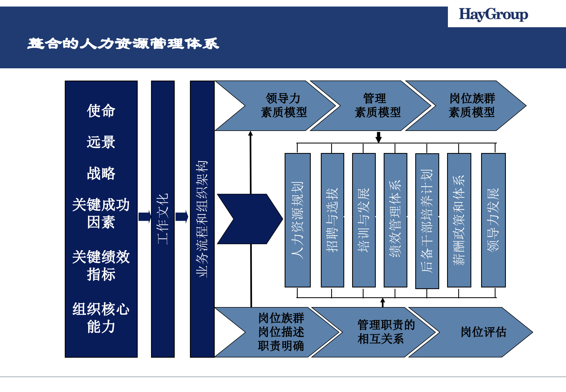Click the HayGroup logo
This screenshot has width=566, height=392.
[x=493, y=15]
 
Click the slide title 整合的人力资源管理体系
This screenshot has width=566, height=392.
[x=123, y=44]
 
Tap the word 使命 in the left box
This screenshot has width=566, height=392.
[x=101, y=111]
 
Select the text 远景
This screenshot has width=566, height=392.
[x=101, y=142]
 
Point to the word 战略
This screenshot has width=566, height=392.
[x=101, y=173]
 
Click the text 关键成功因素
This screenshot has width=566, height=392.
[x=101, y=213]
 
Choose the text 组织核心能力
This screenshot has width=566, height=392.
[x=101, y=318]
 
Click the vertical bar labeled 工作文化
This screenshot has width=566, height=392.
[x=163, y=219]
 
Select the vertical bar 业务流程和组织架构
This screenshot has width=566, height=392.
[x=202, y=219]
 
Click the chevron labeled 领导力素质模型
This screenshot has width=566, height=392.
[x=283, y=106]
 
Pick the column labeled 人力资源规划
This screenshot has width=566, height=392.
[x=297, y=220]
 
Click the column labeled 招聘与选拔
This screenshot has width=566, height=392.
[x=332, y=220]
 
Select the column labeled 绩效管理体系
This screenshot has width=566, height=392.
[x=395, y=220]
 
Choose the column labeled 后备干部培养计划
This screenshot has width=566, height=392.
[x=427, y=221]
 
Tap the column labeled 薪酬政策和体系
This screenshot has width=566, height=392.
[x=459, y=220]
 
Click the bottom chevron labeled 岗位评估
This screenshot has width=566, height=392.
[x=483, y=332]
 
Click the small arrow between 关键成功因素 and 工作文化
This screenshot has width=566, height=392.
[x=144, y=217]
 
